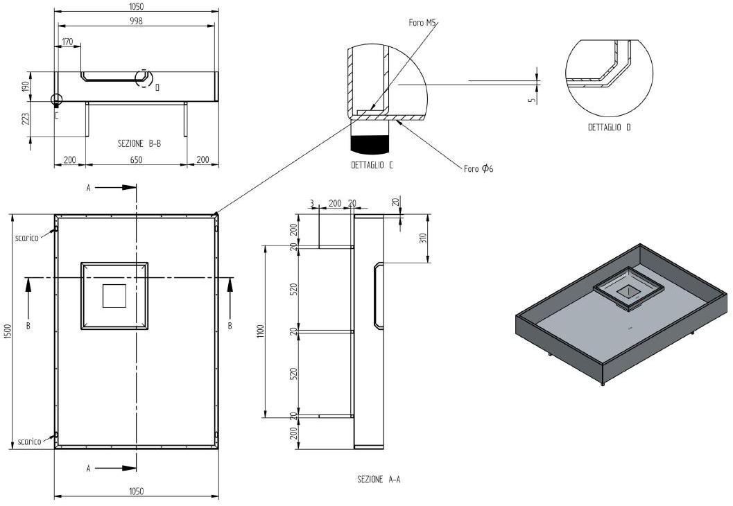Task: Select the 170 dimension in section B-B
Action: point(67,42)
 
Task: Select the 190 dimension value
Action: point(26,86)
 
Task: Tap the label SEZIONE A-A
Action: point(379,479)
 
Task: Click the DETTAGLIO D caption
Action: point(609,128)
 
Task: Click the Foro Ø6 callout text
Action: point(478,168)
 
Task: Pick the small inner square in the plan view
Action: point(114,296)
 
